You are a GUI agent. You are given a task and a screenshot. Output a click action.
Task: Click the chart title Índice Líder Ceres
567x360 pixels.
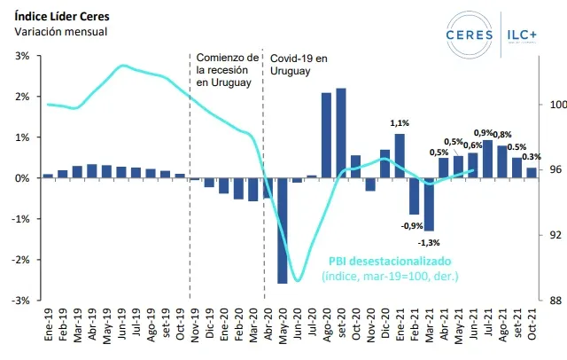point(60,16)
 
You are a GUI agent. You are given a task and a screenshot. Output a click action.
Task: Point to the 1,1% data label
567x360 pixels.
point(399,123)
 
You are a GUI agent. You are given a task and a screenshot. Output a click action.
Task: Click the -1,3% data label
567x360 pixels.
point(429,242)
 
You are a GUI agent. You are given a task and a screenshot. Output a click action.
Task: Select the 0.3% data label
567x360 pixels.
point(532,157)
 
